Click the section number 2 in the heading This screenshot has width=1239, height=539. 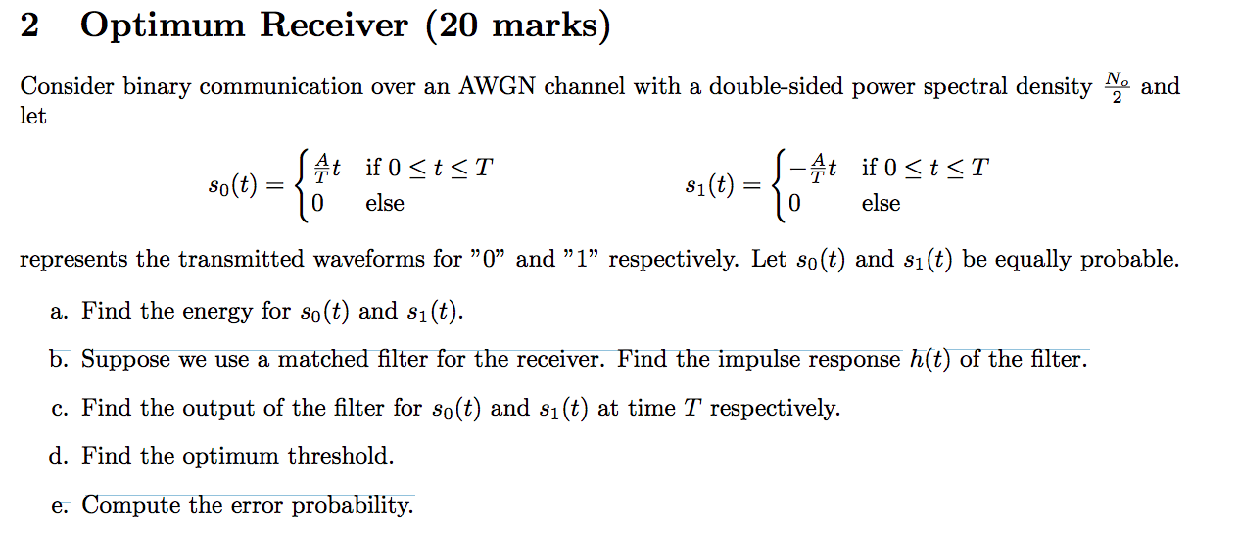[x=29, y=26]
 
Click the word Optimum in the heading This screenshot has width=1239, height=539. [x=161, y=26]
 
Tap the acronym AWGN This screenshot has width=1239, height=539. [x=498, y=87]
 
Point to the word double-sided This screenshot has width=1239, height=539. [x=761, y=87]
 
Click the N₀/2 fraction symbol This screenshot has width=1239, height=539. [x=1116, y=86]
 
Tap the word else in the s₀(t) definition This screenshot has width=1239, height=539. [x=385, y=204]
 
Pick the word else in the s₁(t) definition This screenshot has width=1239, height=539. [x=881, y=204]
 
